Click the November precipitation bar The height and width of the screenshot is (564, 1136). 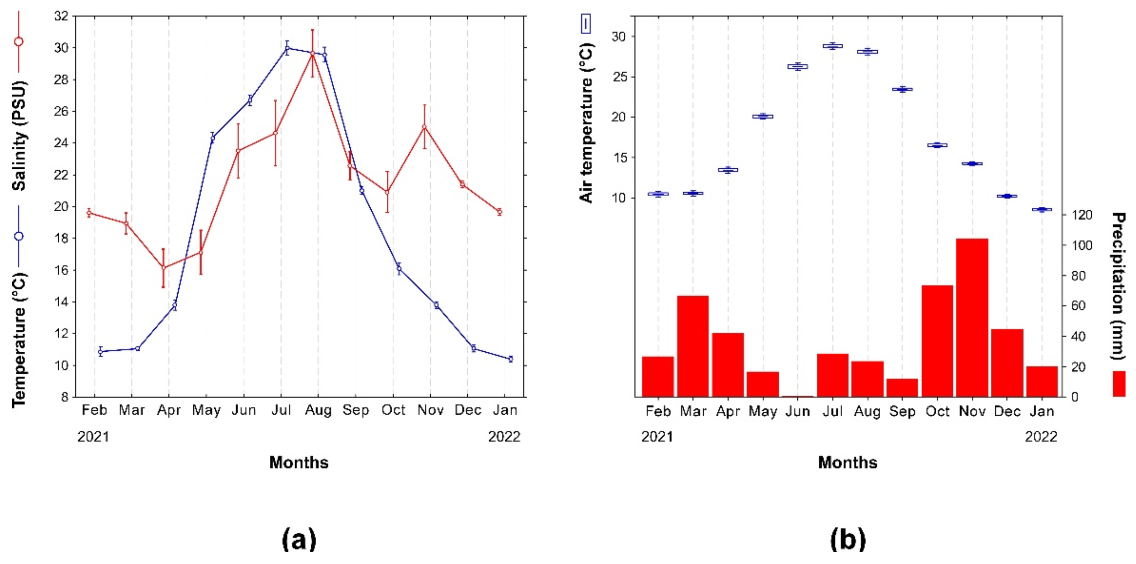coord(972,318)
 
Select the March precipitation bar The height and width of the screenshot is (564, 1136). coord(693,346)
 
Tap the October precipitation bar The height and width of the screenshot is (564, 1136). coord(937,341)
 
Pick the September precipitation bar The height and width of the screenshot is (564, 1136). coord(902,388)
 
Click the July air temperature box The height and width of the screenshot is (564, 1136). coord(833,46)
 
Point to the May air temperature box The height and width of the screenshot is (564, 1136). coord(763,117)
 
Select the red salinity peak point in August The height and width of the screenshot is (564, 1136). coord(312,53)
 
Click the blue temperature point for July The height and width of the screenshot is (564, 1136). coord(288,47)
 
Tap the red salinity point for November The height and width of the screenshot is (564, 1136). coord(424,127)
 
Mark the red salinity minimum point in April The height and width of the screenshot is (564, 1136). coord(163,268)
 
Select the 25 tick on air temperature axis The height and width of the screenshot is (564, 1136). coord(618,77)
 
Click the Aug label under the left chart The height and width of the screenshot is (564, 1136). coord(318,410)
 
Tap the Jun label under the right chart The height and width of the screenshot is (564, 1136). coord(797,411)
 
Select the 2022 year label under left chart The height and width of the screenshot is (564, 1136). coord(504,437)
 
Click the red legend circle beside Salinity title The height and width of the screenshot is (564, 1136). coord(18,42)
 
